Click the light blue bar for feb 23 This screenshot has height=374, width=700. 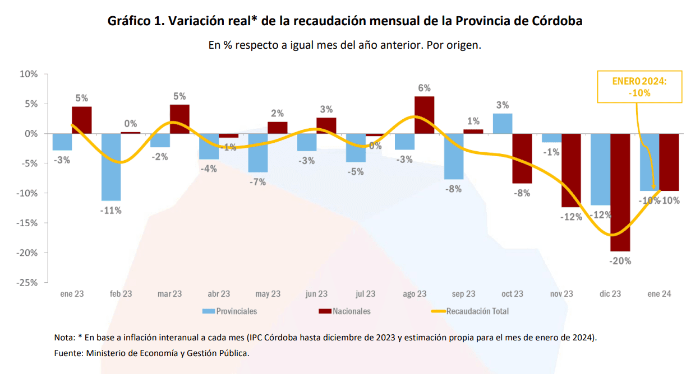click(111, 167)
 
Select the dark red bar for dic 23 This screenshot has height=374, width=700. click(620, 192)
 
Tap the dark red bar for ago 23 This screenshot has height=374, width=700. click(425, 115)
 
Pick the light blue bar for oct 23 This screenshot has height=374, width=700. click(503, 124)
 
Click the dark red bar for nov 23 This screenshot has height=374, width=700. click(572, 170)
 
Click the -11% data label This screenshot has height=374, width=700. click(110, 211)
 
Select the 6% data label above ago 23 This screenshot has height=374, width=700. click(424, 88)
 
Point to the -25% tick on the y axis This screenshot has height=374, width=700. click(28, 283)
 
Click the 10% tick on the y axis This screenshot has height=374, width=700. click(29, 74)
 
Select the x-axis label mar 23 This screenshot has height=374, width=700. click(169, 294)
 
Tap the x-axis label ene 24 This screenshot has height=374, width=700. click(659, 294)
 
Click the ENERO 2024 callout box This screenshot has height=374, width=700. click(639, 87)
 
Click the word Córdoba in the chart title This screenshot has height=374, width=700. click(554, 21)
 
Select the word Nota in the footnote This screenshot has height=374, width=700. click(64, 338)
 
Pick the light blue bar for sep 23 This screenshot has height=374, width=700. click(454, 156)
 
